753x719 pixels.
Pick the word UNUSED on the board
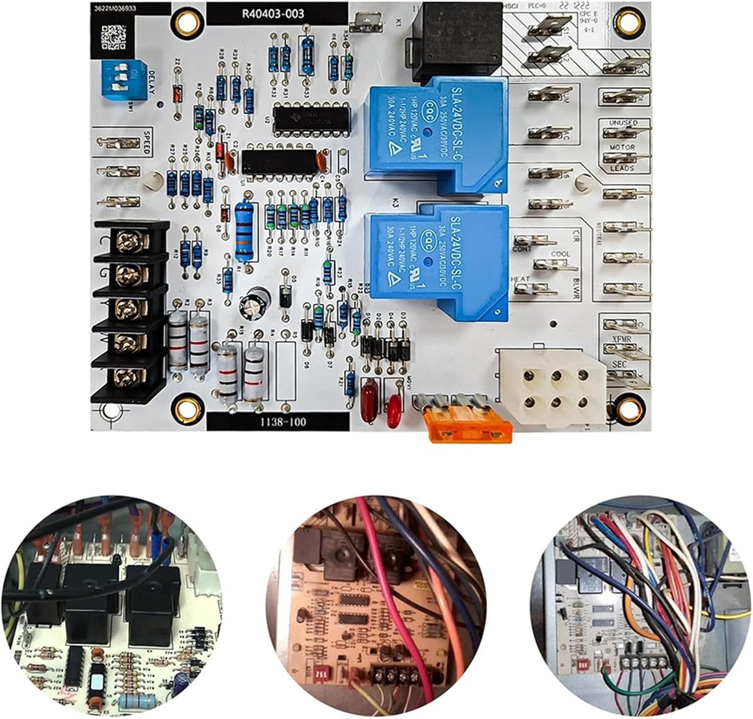(623, 123)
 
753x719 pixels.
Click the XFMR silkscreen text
(621, 340)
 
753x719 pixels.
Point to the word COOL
(560, 254)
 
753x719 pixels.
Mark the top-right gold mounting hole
(626, 21)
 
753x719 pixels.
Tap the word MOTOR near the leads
(622, 148)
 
